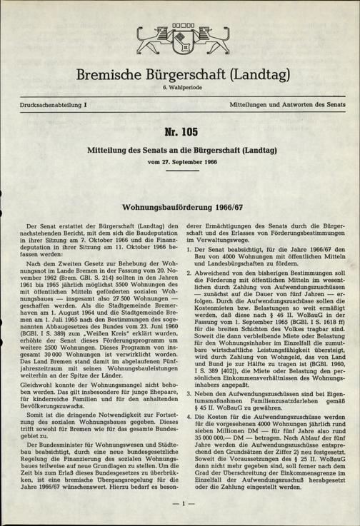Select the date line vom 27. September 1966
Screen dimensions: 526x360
[x=180, y=163]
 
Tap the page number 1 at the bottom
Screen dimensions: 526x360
[x=180, y=505]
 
